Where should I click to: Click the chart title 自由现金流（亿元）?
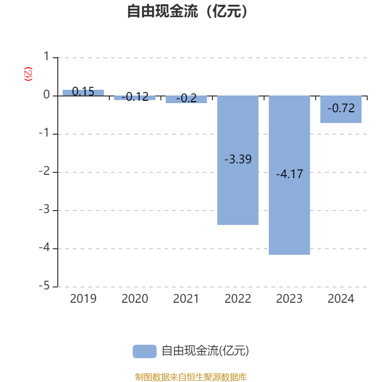187,11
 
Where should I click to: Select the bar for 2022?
238,160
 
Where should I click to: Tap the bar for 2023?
289,175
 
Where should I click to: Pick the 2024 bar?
341,109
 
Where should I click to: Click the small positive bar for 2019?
83,93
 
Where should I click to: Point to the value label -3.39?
238,159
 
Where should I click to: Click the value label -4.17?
289,174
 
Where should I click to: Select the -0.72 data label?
341,108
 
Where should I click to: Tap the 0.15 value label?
83,92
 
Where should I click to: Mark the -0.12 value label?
135,97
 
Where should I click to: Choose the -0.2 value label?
186,98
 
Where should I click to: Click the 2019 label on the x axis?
83,299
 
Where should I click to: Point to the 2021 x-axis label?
186,299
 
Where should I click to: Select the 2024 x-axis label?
341,299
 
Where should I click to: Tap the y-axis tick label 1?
46,56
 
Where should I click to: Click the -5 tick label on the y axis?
44,286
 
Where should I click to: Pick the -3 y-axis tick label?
44,209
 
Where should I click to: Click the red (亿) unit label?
28,74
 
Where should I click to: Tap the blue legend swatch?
145,351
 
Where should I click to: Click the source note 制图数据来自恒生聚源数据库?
191,377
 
